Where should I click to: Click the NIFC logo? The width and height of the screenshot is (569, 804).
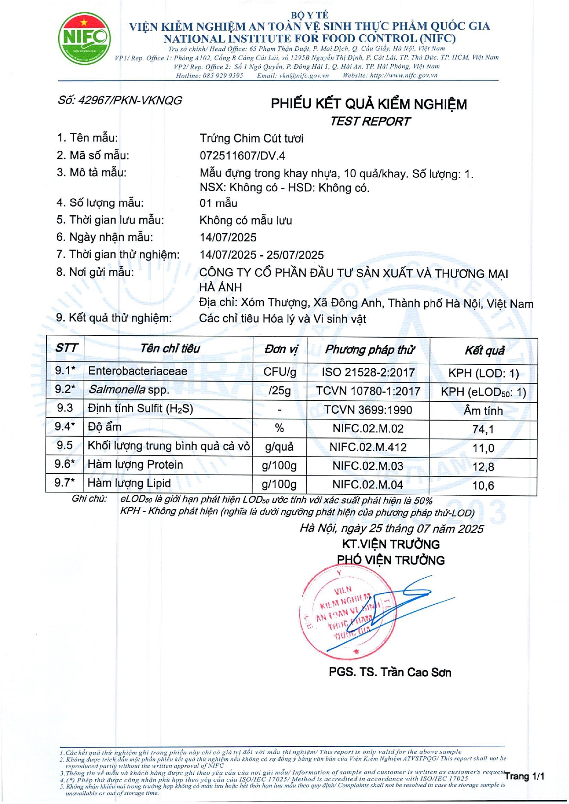84,38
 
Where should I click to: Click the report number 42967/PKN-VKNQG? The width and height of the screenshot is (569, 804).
120,100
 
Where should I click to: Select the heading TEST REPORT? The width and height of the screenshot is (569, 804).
370,121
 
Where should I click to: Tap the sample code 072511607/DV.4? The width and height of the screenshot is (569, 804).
242,156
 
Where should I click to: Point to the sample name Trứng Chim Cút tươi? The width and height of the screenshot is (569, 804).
252,138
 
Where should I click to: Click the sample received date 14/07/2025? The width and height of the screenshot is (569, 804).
228,237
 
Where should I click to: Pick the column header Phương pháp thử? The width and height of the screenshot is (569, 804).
369,350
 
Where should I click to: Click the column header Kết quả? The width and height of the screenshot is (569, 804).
484,351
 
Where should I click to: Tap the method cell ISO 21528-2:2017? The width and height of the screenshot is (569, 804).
368,372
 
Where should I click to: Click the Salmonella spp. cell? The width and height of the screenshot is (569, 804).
129,390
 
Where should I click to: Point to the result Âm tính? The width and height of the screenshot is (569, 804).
483,411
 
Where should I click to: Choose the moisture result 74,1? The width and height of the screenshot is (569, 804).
483,429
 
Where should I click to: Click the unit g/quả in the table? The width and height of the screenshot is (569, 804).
279,447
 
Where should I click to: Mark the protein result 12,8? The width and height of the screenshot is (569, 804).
483,467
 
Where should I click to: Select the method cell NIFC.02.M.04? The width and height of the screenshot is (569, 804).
368,484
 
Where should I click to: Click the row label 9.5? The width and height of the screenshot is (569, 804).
65,445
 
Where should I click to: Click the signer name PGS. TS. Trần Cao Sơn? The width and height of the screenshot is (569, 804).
390,673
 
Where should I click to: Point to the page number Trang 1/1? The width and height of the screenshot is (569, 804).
525,776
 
